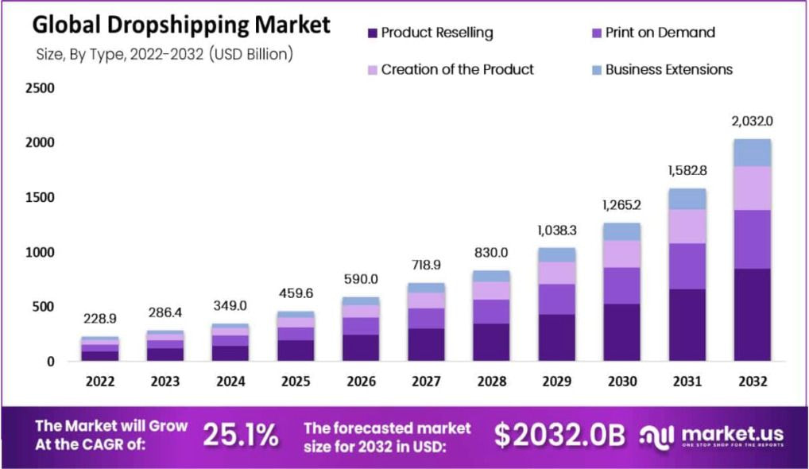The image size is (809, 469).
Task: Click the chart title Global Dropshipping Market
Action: point(180,25)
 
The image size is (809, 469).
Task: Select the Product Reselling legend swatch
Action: point(372,33)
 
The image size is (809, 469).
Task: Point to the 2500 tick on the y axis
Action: point(39,87)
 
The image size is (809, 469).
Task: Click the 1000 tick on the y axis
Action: point(39,252)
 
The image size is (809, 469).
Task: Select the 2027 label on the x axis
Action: point(426,382)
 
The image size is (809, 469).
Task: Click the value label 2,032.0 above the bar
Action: point(752,121)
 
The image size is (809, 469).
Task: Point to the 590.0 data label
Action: point(361,279)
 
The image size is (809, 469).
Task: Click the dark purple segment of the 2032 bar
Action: point(752,315)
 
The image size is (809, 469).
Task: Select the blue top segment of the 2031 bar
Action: point(687,199)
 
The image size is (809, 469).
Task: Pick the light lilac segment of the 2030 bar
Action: point(621,254)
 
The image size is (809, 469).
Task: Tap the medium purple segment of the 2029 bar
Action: point(556,299)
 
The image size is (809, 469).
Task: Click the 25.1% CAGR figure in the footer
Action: point(240,435)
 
